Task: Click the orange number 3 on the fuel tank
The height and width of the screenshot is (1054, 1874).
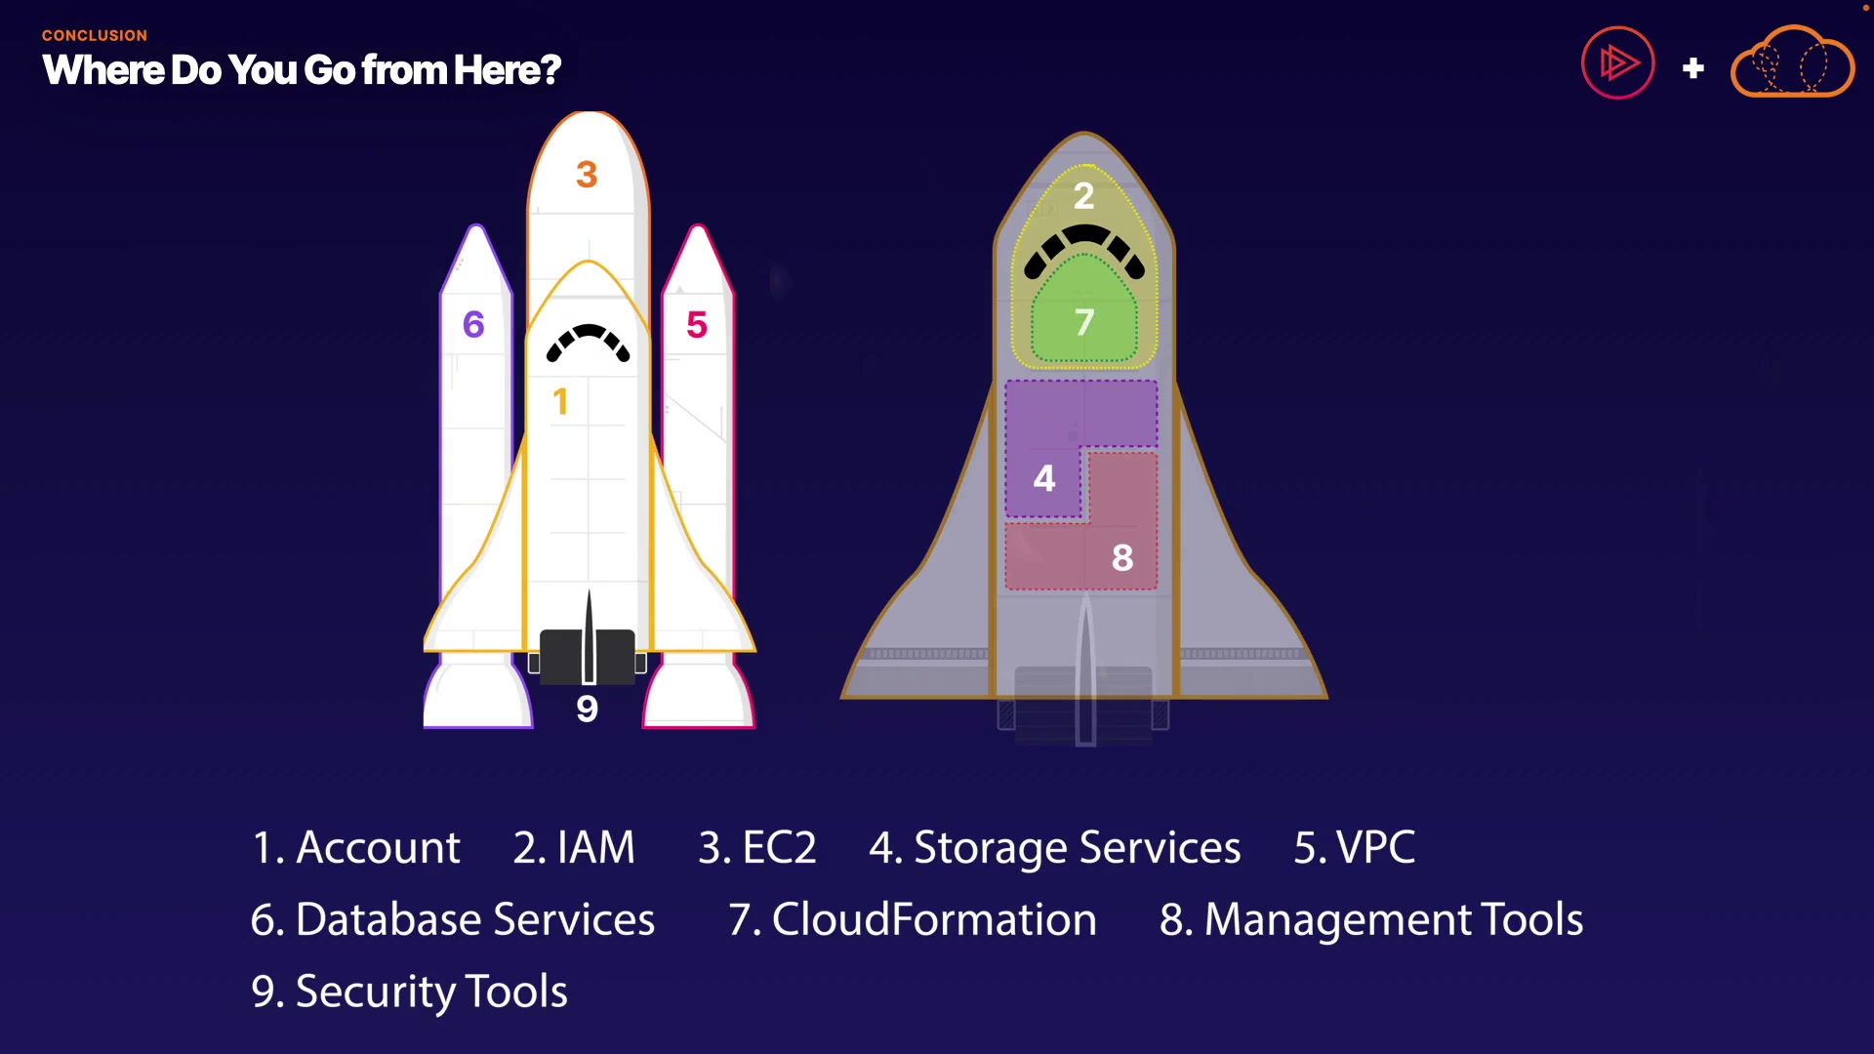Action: (587, 175)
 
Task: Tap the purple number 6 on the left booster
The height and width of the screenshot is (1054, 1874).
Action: (473, 324)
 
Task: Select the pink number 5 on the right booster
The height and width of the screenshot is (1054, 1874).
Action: (697, 325)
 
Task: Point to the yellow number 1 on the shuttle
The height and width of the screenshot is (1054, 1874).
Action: (560, 402)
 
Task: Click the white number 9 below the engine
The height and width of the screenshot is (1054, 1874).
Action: (587, 709)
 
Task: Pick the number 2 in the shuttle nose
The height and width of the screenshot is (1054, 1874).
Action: (1083, 197)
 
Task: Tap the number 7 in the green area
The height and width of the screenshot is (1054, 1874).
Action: (1084, 322)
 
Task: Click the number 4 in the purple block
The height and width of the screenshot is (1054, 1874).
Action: (1044, 478)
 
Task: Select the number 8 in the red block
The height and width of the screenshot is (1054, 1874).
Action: (1122, 558)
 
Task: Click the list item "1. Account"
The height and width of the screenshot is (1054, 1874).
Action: (356, 847)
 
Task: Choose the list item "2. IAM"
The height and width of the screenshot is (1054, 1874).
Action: (574, 847)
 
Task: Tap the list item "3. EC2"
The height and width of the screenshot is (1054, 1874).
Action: (757, 847)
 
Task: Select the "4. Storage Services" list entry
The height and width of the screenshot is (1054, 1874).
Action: (1055, 847)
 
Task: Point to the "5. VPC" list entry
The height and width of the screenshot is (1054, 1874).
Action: (1355, 847)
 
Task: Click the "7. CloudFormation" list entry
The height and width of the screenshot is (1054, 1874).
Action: (913, 919)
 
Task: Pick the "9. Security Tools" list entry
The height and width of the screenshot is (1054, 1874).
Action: (409, 992)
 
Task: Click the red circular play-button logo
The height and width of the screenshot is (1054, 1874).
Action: (1617, 63)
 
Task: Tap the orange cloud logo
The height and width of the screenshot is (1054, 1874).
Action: (1792, 63)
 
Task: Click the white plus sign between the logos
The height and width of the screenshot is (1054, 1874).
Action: (1693, 68)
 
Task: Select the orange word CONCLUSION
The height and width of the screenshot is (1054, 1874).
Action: (95, 35)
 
